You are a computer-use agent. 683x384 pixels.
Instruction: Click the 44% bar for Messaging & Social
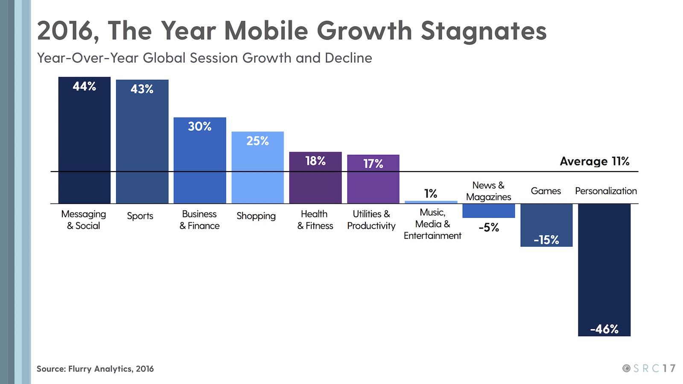click(x=84, y=141)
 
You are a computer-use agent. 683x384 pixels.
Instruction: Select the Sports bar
click(x=142, y=143)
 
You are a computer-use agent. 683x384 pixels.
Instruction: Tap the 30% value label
click(x=200, y=127)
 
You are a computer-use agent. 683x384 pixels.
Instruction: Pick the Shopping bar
click(x=257, y=169)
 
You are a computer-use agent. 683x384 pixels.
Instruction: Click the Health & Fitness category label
click(x=315, y=220)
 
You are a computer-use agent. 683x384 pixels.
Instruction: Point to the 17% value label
click(x=373, y=164)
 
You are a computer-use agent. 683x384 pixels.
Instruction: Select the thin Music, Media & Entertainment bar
click(x=431, y=202)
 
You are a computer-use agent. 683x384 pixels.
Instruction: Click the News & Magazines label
click(x=488, y=191)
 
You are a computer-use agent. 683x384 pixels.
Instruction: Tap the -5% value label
click(x=489, y=227)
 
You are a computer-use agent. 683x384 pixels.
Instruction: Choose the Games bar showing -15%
click(x=546, y=225)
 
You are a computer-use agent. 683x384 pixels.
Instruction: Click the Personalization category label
click(x=606, y=191)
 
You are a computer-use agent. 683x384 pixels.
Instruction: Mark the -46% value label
click(x=604, y=329)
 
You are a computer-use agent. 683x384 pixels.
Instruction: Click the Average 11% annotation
click(x=594, y=161)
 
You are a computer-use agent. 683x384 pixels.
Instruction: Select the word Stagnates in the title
click(x=483, y=31)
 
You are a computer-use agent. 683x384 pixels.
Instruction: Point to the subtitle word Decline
click(x=348, y=58)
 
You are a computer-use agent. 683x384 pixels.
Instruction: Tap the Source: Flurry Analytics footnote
click(x=95, y=369)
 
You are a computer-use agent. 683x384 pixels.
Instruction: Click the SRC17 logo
click(x=649, y=368)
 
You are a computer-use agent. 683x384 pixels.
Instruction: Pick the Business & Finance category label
click(x=199, y=220)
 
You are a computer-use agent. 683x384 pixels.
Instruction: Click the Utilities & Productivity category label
click(x=371, y=220)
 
